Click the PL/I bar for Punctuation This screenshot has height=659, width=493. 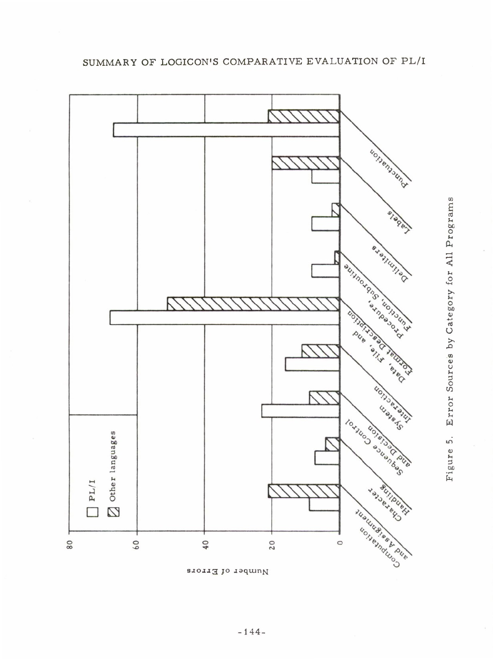[x=226, y=130]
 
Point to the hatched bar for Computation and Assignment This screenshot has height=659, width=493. [x=303, y=491]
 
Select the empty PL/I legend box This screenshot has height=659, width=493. [x=92, y=512]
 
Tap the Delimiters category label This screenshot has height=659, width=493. [x=391, y=262]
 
